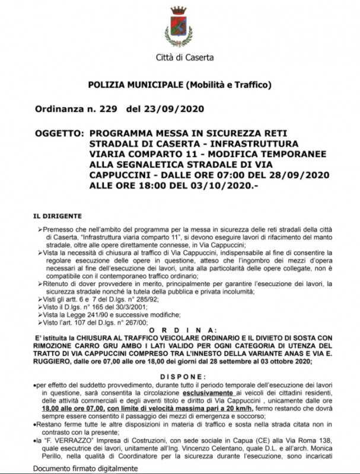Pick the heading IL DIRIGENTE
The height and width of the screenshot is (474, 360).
58,217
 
